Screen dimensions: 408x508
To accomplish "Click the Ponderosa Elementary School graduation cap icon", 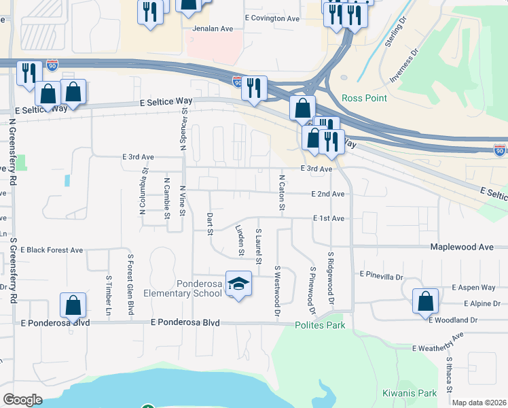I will click(238, 284).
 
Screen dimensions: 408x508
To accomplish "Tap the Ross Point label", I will click(364, 98).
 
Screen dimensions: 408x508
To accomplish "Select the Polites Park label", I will click(320, 326).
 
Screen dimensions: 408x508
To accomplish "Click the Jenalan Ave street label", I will click(213, 29).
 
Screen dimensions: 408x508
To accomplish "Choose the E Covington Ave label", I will click(271, 18).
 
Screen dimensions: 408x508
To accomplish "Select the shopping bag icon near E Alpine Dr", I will click(425, 301).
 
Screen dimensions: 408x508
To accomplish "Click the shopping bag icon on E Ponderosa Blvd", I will click(73, 306).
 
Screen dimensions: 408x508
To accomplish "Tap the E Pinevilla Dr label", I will click(381, 277).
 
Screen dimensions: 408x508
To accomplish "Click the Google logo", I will click(22, 400).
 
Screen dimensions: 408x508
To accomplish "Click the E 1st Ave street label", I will click(329, 218).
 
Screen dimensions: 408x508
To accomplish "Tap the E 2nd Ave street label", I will click(328, 194).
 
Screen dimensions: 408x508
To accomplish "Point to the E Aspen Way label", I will click(473, 288).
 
